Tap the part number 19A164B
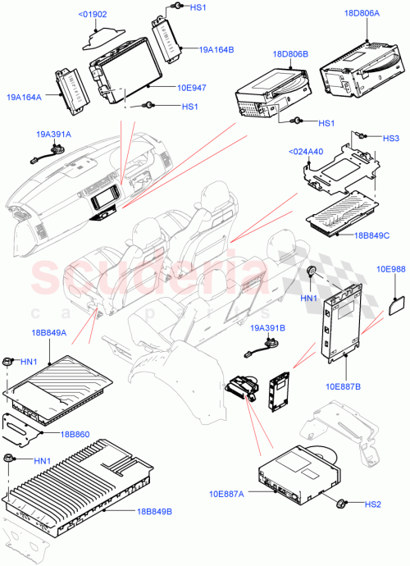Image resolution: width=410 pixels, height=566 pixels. (216, 50)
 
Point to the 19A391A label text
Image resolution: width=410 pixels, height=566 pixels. (53, 134)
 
